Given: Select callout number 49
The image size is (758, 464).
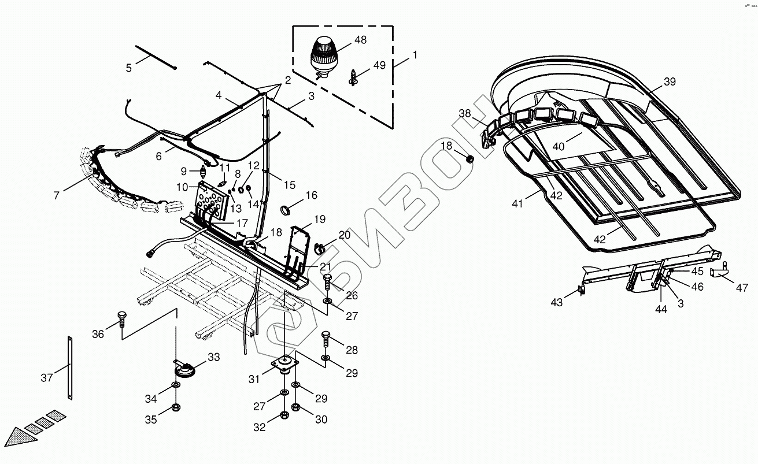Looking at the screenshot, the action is pos(379,65).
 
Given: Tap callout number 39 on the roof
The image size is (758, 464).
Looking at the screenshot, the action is pos(669,81).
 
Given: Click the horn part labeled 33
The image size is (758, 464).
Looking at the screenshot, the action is pos(184,368).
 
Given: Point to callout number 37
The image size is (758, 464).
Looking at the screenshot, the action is pos(47,378).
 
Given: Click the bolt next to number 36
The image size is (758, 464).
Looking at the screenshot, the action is pos(121,318).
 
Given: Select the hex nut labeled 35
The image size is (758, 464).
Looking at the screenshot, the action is pos(175,409).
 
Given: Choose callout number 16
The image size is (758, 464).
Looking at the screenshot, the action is pos(311,195).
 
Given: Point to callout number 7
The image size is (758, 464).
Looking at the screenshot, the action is pos(56,195).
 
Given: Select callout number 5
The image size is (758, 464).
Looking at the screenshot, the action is pos(128,68).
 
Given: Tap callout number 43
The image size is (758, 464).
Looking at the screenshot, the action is pos(556,302).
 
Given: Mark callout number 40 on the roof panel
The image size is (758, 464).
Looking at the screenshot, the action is pos(558,146).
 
